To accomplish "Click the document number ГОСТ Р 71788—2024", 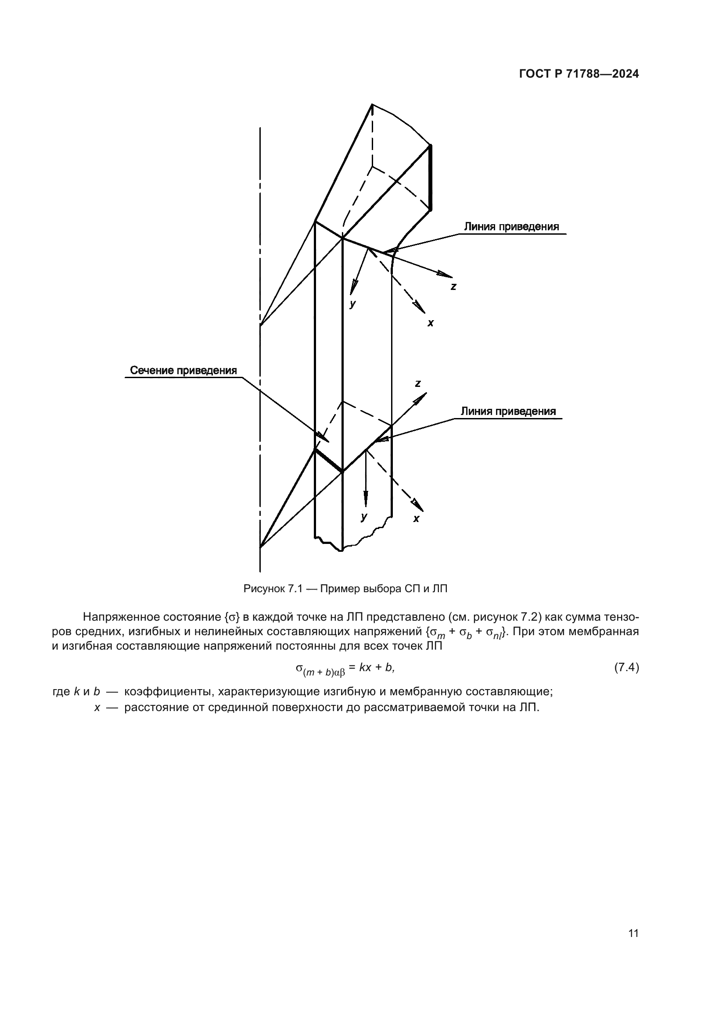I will click(579, 74).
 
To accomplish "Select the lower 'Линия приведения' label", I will click(508, 411).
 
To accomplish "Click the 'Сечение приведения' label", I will click(183, 371).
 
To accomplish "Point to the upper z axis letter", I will click(453, 287).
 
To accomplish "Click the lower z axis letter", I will click(417, 383).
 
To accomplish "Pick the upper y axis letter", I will click(353, 304).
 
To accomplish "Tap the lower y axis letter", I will click(364, 517).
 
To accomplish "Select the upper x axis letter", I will click(431, 323).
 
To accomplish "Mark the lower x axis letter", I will click(416, 519).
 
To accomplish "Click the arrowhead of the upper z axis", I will click(445, 274).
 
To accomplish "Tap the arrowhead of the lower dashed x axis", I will click(417, 505).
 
